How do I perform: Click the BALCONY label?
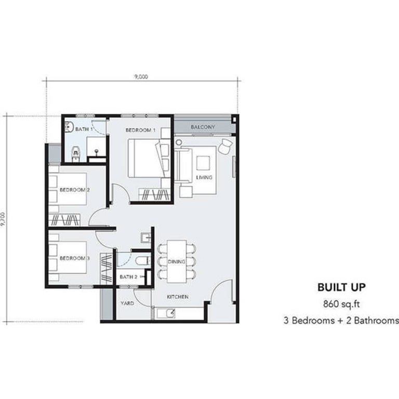point(203,127)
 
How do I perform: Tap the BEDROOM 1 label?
point(140,130)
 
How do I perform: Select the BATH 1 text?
point(84,129)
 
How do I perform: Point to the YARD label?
point(127,303)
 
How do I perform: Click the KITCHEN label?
point(178,297)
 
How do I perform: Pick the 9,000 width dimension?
point(141,76)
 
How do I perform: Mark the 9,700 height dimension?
point(3,219)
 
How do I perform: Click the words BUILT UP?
point(341,287)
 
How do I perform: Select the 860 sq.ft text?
point(341,304)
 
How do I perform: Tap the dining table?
point(177,261)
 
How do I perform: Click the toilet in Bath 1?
point(76,154)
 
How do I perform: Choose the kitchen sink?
point(166,313)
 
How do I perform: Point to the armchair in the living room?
point(225,147)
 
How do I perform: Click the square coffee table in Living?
point(203,163)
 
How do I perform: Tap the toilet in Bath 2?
point(142,261)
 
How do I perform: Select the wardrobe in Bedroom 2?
point(64,220)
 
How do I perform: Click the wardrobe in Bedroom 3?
point(107,269)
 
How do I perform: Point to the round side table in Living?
point(179,142)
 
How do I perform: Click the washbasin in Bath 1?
point(69,127)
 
